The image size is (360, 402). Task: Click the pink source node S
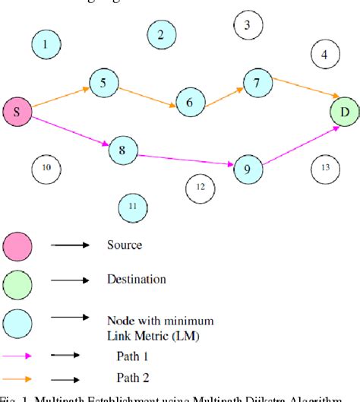[x=17, y=113]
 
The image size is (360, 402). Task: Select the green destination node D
[x=344, y=113]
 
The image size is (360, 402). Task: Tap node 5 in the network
[x=103, y=83]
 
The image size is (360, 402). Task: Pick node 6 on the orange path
[x=190, y=102]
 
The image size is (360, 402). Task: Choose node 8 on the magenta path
[x=122, y=150]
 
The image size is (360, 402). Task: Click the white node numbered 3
[x=247, y=24]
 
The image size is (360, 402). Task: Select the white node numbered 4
[x=325, y=54]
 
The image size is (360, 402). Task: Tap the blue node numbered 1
[x=46, y=45]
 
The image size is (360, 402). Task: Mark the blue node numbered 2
[x=160, y=33]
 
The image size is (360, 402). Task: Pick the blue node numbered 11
[x=133, y=206]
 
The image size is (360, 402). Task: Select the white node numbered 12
[x=200, y=186]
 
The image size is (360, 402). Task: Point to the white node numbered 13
[x=326, y=167]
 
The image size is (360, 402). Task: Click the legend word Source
[x=124, y=245]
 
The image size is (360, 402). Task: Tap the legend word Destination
[x=136, y=280]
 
